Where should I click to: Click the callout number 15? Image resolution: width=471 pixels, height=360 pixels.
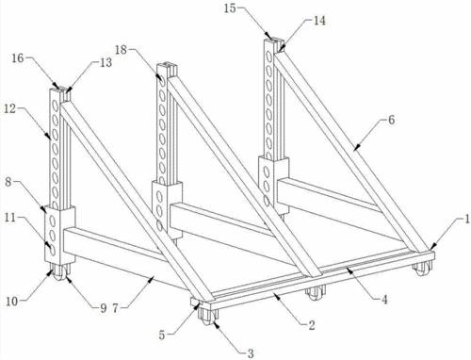click(x=230, y=8)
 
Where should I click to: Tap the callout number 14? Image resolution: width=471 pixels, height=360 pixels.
click(x=319, y=21)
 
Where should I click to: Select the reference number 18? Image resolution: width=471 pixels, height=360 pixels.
click(x=121, y=50)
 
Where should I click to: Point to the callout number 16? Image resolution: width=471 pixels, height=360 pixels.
click(x=18, y=58)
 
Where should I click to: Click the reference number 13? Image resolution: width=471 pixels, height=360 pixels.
click(x=106, y=62)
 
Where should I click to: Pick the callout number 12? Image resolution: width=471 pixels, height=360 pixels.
click(x=9, y=109)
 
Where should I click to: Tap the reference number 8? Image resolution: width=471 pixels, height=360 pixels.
click(x=8, y=183)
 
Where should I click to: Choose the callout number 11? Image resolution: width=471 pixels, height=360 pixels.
click(x=10, y=218)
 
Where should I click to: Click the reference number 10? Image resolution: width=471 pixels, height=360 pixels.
click(x=12, y=302)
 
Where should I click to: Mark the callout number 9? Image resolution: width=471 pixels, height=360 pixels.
click(x=104, y=308)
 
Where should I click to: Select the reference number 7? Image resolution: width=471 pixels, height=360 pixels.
click(x=115, y=308)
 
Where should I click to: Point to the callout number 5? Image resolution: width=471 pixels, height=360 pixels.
click(x=162, y=335)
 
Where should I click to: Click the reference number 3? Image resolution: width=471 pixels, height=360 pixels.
click(x=251, y=353)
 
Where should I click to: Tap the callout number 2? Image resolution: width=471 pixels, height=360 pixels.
click(x=312, y=325)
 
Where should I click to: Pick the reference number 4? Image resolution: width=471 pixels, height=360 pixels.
click(x=384, y=300)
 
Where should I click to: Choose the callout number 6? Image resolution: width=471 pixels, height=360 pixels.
click(x=391, y=120)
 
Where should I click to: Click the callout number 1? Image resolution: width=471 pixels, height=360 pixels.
click(x=467, y=219)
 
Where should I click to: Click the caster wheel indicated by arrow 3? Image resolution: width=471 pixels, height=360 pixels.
click(x=207, y=316)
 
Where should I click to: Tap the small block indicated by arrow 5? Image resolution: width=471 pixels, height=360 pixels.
click(x=195, y=302)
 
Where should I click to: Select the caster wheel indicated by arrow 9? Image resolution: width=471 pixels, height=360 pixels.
click(x=59, y=272)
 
